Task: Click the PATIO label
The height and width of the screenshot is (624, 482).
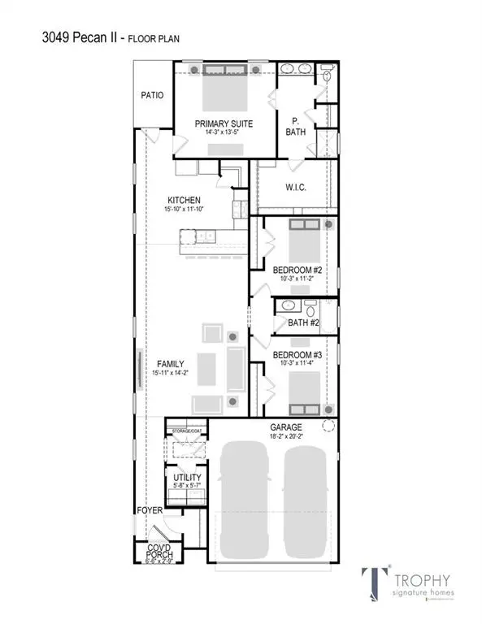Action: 152,95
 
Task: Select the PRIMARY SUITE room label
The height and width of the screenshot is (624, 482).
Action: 224,123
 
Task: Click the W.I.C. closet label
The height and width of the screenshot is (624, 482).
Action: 295,188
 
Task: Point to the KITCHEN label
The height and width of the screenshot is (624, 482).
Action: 184,200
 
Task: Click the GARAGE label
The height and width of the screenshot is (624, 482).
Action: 286,427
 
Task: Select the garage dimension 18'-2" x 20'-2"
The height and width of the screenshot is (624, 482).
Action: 286,436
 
